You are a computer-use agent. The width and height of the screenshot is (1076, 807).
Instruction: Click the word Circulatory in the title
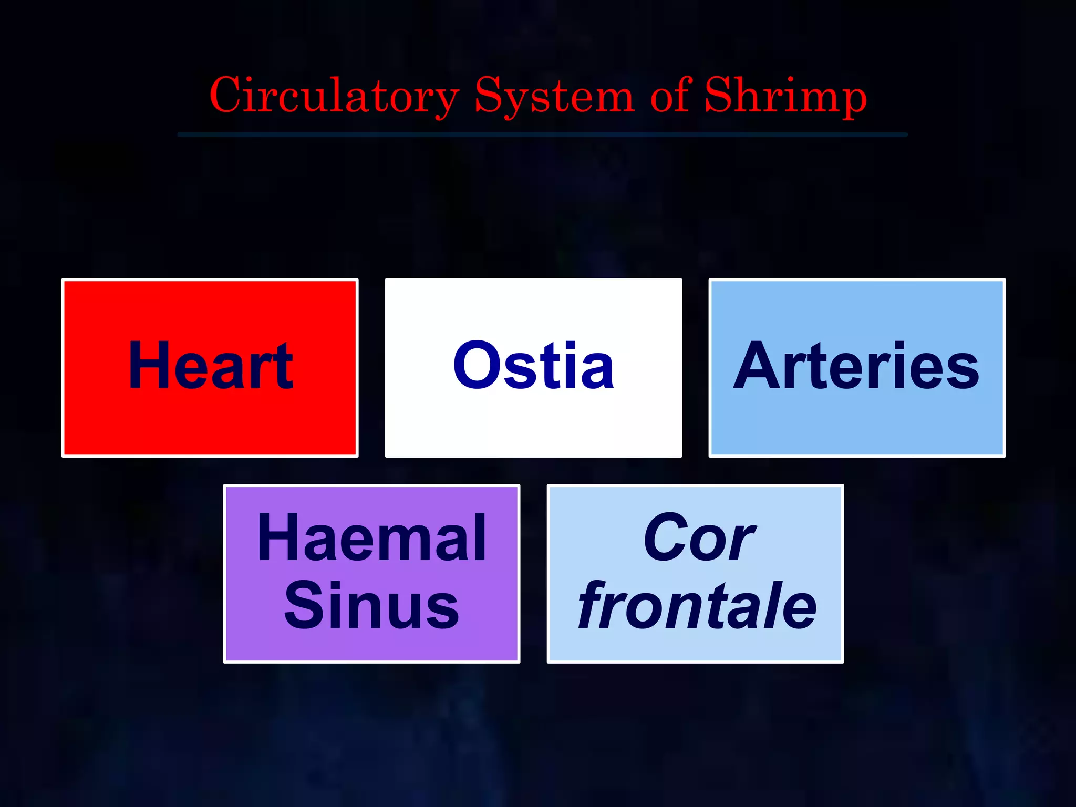coord(334,96)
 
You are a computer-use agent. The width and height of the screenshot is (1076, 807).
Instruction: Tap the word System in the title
coord(554,96)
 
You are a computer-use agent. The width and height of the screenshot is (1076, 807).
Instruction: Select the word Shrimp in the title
coord(785,96)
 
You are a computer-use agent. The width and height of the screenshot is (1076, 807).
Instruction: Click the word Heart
coord(210,366)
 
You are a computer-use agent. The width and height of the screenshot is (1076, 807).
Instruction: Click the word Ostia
coord(533,366)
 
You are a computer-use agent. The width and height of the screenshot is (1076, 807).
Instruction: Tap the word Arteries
coord(856,366)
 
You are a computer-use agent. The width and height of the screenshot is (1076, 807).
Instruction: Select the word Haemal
coord(372,539)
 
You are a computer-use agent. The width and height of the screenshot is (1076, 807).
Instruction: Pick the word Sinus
coord(372,605)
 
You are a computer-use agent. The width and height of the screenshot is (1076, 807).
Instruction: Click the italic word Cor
coord(699,539)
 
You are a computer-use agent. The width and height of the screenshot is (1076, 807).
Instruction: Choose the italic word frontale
coord(697,605)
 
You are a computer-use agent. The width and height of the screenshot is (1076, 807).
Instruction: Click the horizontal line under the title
coord(542,135)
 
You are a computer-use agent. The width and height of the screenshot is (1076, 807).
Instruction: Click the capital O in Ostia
coord(475,366)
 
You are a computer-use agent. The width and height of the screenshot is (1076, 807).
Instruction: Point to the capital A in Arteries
coord(757,366)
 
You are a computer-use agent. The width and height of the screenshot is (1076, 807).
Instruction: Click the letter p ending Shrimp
coord(851,100)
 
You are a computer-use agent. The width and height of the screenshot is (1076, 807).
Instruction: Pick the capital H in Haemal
coord(276,539)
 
